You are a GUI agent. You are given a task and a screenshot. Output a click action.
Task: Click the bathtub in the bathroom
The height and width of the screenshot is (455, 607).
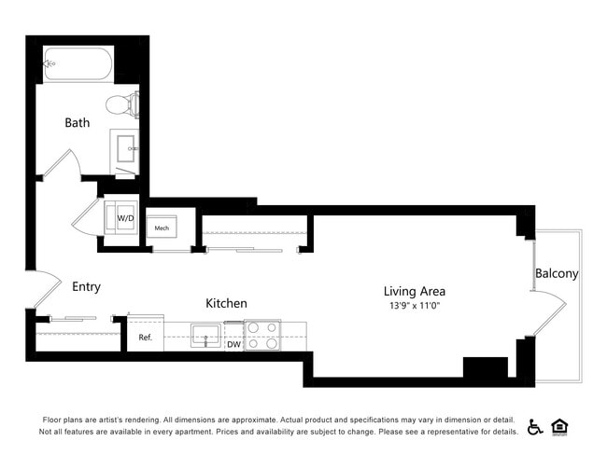(x=78, y=63)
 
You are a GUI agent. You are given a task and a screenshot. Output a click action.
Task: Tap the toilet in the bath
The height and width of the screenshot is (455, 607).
(x=120, y=103)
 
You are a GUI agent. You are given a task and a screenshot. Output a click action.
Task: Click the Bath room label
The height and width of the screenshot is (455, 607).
(x=78, y=123)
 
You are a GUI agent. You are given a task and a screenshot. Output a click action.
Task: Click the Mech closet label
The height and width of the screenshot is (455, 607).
(x=162, y=227)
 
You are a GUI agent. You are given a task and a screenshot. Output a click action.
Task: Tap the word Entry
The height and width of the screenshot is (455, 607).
(x=86, y=287)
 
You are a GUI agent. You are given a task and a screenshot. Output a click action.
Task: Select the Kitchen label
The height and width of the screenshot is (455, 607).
(x=226, y=303)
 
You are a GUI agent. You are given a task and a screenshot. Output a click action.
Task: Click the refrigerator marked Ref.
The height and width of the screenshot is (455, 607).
(x=145, y=337)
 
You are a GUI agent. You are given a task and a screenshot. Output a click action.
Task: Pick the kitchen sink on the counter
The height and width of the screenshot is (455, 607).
(x=205, y=334)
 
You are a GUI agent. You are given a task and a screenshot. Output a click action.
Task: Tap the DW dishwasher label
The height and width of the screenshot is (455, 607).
(x=233, y=344)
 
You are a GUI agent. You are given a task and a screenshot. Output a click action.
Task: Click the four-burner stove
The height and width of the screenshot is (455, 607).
(x=262, y=335)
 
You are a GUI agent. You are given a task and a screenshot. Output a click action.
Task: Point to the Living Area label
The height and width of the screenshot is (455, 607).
(x=414, y=291)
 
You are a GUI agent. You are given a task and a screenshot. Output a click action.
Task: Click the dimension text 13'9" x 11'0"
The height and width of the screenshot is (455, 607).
(x=414, y=305)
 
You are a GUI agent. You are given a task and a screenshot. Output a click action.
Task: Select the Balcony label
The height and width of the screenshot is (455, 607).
(x=557, y=273)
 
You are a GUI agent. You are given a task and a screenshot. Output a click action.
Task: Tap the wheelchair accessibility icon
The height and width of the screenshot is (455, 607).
(x=535, y=426)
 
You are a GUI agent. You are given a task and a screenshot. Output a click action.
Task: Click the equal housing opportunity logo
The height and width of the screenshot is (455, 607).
(x=560, y=426)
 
